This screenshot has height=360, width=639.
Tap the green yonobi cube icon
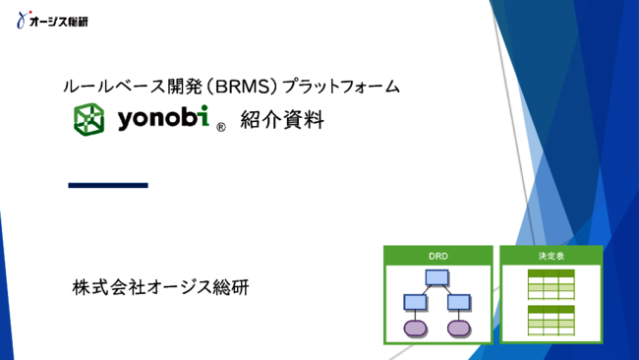point(91,119)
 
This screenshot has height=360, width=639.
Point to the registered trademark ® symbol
point(221,127)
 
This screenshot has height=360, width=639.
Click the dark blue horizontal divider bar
point(108,184)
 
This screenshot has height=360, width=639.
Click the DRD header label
point(437,256)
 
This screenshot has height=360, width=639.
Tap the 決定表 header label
point(551,256)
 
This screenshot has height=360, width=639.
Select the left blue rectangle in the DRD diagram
point(414,302)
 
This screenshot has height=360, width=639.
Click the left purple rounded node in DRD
point(414,327)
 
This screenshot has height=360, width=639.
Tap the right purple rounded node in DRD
point(456,327)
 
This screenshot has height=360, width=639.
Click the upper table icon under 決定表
point(551,285)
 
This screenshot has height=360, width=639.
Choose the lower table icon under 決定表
point(551,321)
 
